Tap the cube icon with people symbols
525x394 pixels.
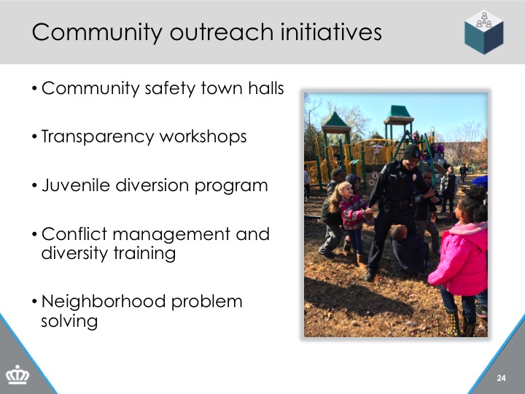[x=484, y=32]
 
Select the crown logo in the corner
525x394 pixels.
[x=17, y=375]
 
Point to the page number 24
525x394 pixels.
[x=501, y=378]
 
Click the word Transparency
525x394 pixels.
[x=98, y=137]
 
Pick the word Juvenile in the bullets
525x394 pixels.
[x=76, y=185]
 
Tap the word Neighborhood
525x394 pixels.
[x=104, y=301]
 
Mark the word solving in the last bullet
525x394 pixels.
[x=69, y=322]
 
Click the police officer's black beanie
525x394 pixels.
[x=411, y=152]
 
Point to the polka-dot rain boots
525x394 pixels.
[x=460, y=322]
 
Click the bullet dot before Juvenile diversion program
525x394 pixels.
[x=34, y=185]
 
